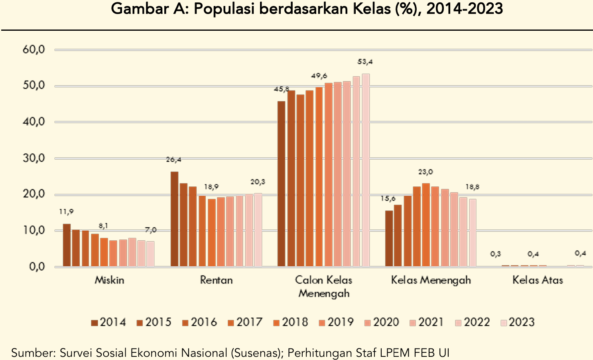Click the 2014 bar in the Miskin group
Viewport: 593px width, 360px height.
67,245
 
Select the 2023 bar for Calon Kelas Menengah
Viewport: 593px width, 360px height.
365,170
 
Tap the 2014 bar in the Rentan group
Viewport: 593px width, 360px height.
174,219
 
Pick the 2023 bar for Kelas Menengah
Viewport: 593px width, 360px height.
473,232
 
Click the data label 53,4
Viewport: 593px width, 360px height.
365,62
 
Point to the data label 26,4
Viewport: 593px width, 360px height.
174,160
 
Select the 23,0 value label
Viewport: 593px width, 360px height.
426,172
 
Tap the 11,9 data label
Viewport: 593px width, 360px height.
67,212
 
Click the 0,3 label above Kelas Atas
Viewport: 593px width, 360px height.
496,254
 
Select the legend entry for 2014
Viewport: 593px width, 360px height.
108,322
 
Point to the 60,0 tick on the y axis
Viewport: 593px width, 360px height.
33,49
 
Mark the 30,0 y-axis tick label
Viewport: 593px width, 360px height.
33,158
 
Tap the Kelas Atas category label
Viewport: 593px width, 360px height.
538,280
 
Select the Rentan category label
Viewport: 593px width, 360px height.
216,280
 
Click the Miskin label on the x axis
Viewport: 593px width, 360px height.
109,280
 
